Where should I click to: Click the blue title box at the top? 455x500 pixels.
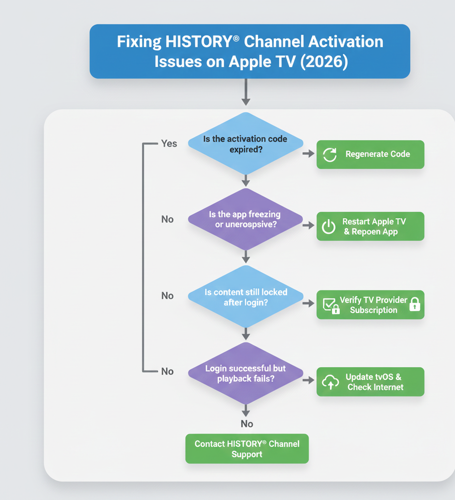[249, 51]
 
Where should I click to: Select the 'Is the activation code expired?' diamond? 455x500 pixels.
[246, 144]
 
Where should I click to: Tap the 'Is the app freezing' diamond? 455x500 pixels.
[246, 219]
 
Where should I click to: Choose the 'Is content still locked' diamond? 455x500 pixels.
[246, 297]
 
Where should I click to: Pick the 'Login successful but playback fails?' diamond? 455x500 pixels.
[246, 373]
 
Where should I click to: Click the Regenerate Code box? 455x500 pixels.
[370, 154]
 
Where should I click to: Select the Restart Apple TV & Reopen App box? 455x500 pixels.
[370, 227]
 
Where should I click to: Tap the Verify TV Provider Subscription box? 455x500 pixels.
[370, 305]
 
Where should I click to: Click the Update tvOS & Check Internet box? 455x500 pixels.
[370, 382]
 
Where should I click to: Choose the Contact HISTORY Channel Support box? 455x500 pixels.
[247, 449]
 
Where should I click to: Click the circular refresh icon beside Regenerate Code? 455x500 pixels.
[330, 155]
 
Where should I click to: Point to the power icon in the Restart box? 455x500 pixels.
[329, 227]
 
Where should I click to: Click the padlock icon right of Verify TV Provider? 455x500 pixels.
[414, 304]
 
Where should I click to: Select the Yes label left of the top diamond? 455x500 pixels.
[169, 144]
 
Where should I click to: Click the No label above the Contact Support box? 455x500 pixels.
[247, 424]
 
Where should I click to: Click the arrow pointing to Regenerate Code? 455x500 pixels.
[309, 154]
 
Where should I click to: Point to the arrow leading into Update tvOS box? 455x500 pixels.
[309, 380]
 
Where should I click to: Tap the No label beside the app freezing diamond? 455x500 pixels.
[167, 219]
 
